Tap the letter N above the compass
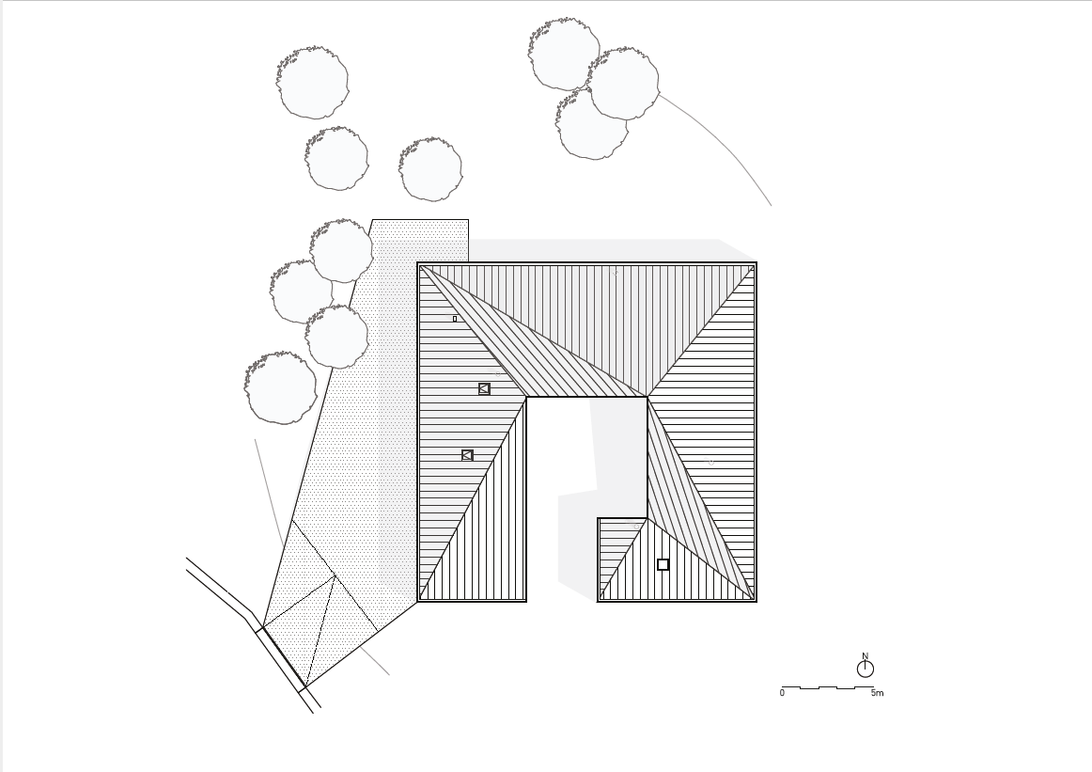click(865, 655)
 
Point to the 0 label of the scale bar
click(782, 693)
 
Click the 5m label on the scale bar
click(877, 693)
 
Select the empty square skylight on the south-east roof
click(663, 564)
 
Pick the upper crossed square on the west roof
click(484, 388)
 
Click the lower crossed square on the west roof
click(467, 456)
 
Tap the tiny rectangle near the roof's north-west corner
click(455, 319)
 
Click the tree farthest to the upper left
click(313, 82)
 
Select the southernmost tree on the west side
click(280, 387)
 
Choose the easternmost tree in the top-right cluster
click(623, 84)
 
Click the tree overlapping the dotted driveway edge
click(341, 251)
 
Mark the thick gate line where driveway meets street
click(284, 656)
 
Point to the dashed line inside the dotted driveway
click(320, 631)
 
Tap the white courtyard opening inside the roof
click(586, 488)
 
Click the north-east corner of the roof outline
click(757, 262)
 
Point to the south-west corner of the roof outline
click(418, 601)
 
